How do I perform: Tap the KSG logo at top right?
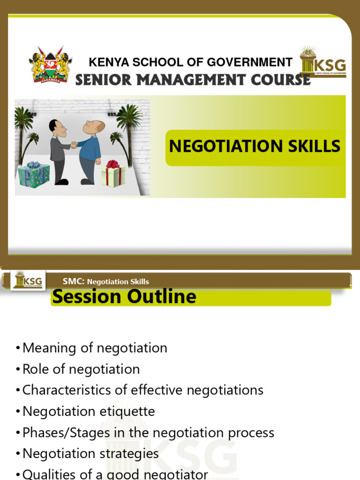click(x=323, y=63)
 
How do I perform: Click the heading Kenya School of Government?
click(x=190, y=62)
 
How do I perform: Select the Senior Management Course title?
click(x=193, y=80)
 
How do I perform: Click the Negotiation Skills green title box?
click(x=255, y=147)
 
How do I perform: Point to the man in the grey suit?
click(x=59, y=150)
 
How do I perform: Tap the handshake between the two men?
click(x=74, y=145)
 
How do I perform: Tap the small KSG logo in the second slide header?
click(x=28, y=281)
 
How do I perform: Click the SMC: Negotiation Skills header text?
click(x=106, y=281)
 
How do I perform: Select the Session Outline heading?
click(x=124, y=297)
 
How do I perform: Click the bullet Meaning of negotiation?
click(x=94, y=348)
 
